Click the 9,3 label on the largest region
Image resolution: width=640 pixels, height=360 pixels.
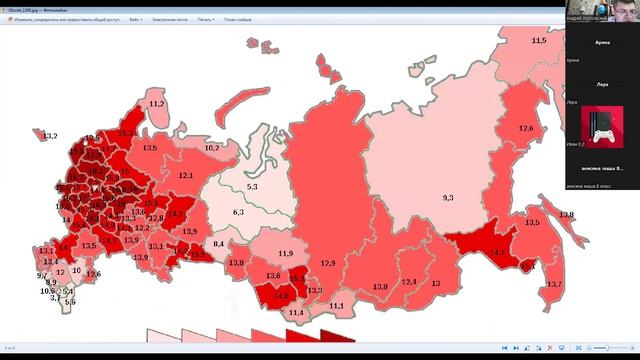pyautogui.click(x=447, y=198)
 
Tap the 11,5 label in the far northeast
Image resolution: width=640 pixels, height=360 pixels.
pyautogui.click(x=539, y=40)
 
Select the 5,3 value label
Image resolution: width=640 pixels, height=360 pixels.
pyautogui.click(x=252, y=187)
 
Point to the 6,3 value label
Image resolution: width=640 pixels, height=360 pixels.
pyautogui.click(x=238, y=212)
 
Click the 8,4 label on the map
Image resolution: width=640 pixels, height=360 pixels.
pyautogui.click(x=220, y=244)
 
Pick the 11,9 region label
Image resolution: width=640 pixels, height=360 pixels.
pyautogui.click(x=286, y=254)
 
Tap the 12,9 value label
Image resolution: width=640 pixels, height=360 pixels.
pyautogui.click(x=328, y=263)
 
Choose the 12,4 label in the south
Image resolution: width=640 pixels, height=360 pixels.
pyautogui.click(x=408, y=282)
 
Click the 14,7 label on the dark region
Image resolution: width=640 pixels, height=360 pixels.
pyautogui.click(x=497, y=253)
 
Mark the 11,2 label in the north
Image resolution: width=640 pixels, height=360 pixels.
pyautogui.click(x=156, y=104)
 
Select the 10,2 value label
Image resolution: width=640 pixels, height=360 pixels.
pyautogui.click(x=212, y=148)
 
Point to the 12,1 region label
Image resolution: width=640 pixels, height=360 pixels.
pyautogui.click(x=186, y=176)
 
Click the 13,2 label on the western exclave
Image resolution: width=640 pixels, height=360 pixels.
pyautogui.click(x=50, y=136)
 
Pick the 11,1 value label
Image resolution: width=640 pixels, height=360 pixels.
pyautogui.click(x=337, y=305)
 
